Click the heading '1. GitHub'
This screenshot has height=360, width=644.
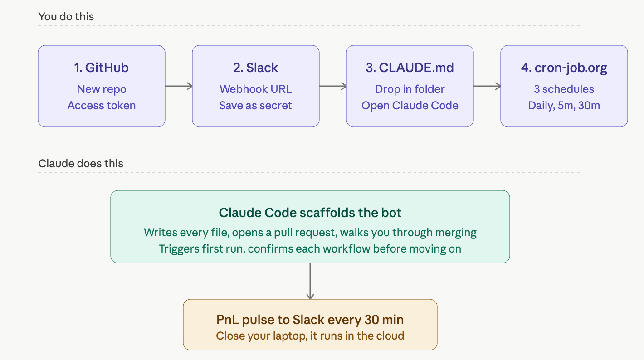coord(101,68)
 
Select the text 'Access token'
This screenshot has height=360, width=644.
coord(102,106)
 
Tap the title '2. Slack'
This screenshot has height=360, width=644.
coord(256,68)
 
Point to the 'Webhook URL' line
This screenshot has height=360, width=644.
coord(256,89)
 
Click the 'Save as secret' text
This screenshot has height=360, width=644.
coord(256,106)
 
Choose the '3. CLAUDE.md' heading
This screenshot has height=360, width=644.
coord(410,68)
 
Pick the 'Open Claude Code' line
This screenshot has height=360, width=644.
coord(410,106)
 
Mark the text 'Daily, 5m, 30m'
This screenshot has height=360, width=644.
coord(564,106)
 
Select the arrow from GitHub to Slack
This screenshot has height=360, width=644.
coord(179,86)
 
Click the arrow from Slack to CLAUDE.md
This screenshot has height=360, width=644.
coord(333,86)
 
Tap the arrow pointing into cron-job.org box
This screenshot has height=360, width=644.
coord(487,86)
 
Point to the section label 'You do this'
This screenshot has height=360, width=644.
coord(66,17)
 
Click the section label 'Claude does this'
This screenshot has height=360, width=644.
coord(81,164)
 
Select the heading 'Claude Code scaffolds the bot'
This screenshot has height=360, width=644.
coord(310,213)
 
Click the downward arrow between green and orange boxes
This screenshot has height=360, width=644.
coord(310,281)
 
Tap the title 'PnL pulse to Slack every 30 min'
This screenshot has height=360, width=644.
coord(310,320)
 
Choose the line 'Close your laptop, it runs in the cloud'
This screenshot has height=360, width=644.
coord(310,336)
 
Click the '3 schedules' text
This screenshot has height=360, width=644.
coord(564,89)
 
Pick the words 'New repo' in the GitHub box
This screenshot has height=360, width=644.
coord(102,89)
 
